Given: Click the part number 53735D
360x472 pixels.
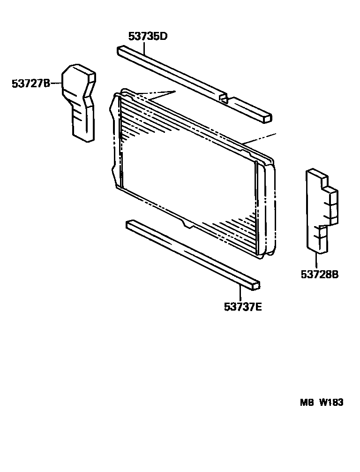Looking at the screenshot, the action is pyautogui.click(x=148, y=36).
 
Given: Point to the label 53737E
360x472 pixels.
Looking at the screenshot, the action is pyautogui.click(x=242, y=307).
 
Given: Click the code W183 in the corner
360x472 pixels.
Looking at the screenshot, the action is pyautogui.click(x=332, y=403).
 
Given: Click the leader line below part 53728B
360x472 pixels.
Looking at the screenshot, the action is pyautogui.click(x=317, y=260).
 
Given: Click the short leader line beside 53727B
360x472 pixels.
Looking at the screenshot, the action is pyautogui.click(x=56, y=84).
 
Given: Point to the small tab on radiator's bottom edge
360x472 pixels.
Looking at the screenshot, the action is pyautogui.click(x=188, y=226).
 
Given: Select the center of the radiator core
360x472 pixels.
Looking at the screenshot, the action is pyautogui.click(x=187, y=174).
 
